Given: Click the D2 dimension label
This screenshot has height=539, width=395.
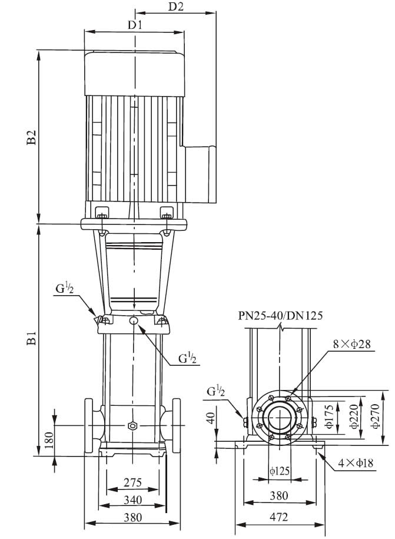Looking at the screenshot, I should coord(176,6).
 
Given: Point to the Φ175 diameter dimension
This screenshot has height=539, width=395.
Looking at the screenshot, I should coord(330,415).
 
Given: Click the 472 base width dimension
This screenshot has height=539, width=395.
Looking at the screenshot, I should coord(280,517).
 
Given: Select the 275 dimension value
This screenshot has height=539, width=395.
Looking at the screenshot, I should coord(132,482).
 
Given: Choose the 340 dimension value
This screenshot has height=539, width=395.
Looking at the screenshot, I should coord(132,500).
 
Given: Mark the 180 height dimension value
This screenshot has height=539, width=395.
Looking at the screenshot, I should coord(49,439).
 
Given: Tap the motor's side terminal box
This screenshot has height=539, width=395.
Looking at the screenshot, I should coord(200,175).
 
